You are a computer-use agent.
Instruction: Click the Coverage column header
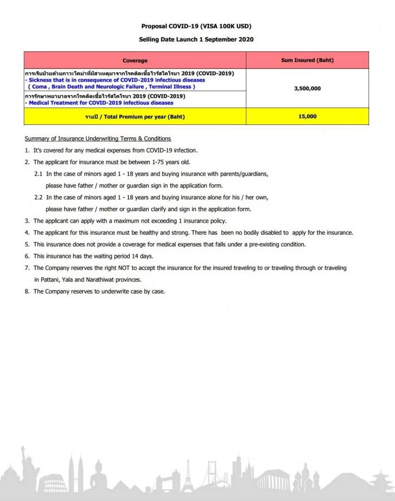(135, 60)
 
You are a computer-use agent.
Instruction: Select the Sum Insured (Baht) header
(307, 60)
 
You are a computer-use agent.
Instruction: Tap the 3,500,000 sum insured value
(307, 88)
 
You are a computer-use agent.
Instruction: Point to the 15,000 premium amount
(307, 116)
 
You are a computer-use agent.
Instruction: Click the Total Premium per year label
(135, 116)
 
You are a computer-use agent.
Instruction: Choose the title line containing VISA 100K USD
(197, 26)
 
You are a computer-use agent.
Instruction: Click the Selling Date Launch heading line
(197, 39)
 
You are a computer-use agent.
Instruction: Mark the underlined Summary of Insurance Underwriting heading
(98, 139)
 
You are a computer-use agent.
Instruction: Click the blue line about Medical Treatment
(99, 103)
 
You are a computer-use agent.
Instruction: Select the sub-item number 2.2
(38, 197)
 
